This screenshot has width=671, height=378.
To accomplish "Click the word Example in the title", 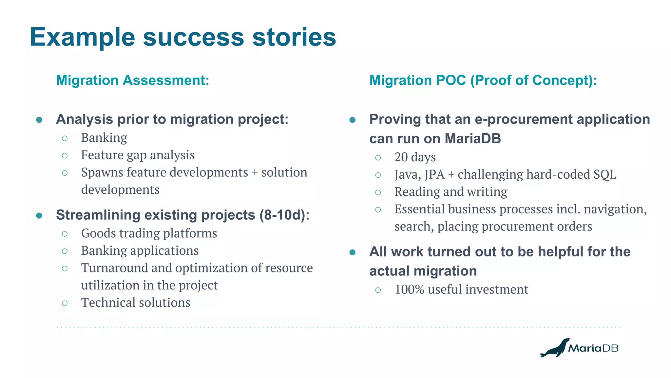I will point(82,37).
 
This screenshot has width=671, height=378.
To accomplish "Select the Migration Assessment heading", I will point(132,80).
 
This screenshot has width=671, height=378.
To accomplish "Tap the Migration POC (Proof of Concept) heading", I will point(483,80).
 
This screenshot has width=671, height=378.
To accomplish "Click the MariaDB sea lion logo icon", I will point(555,348).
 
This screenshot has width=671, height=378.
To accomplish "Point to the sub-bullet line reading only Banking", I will point(104,138).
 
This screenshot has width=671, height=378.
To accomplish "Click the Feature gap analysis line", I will point(138,155).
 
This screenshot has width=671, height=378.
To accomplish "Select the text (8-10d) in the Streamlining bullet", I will point(284,215).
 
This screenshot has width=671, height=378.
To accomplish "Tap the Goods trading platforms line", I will point(149,233).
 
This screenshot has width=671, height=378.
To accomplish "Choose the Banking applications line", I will point(140,251).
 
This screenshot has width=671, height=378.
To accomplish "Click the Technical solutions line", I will point(135,303).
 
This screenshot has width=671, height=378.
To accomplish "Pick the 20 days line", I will point(415,157).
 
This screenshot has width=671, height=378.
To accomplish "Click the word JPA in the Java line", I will point(434,175).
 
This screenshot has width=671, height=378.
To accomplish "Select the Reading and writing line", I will point(451,192).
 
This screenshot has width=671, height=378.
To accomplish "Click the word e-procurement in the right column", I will point(524,119).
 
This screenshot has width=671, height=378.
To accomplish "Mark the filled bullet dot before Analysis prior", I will point(39,120).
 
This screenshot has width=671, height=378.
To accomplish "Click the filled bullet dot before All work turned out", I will point(353,252).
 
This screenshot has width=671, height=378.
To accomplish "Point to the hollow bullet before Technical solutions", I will point(65,303).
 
